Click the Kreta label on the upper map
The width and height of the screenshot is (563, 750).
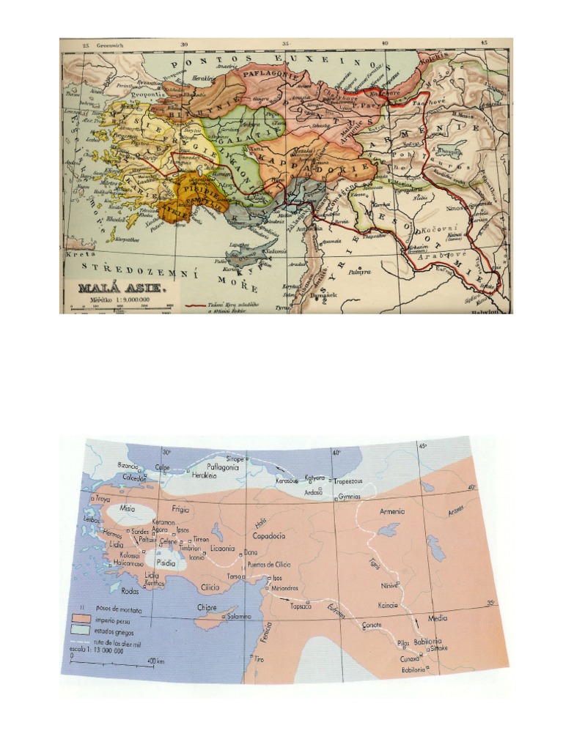coord(76,254)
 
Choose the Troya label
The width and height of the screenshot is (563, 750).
coord(98,497)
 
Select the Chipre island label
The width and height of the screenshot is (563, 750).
coord(208,606)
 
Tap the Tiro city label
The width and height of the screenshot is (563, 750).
coord(258,658)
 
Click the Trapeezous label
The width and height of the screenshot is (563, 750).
coord(349,482)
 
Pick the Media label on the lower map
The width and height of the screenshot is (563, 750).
coord(437,618)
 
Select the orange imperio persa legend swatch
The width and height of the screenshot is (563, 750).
coord(83,619)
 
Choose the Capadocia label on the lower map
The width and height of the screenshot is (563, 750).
coord(269,535)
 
